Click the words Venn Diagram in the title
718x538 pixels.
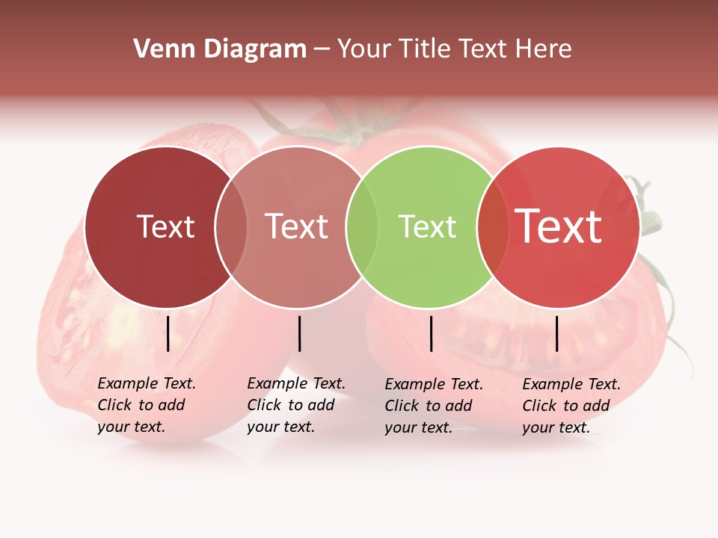(220, 49)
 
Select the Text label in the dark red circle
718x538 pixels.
(165, 226)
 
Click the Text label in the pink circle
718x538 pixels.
(296, 226)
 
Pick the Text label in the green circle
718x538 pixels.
(427, 226)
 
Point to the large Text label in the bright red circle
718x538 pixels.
(558, 226)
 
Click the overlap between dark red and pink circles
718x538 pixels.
(231, 226)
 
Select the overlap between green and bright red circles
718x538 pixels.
(490, 226)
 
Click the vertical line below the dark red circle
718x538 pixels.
(168, 333)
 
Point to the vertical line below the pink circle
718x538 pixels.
(299, 333)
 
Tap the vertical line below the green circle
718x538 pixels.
(431, 333)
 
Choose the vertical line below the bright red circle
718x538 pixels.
(556, 333)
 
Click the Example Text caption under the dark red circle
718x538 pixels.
(146, 405)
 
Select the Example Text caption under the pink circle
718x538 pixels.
(295, 405)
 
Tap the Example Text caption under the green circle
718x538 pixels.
(433, 406)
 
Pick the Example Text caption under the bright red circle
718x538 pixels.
(571, 406)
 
